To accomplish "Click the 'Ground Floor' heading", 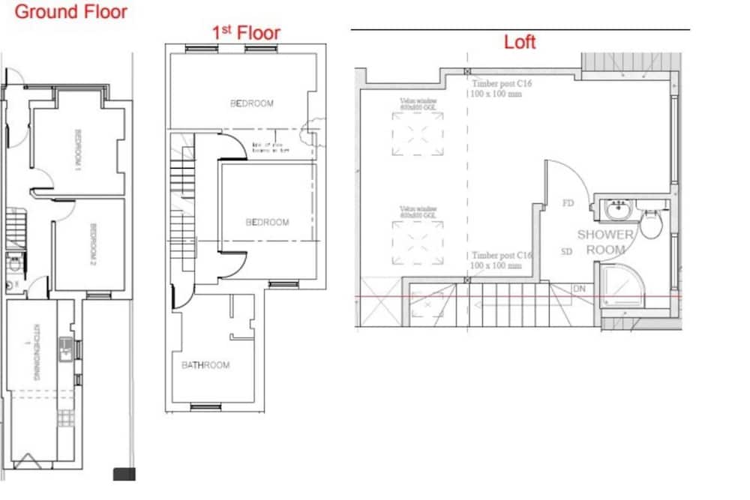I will tap(71, 11).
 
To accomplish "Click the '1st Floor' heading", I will tap(247, 32).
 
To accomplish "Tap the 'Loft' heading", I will tap(520, 42).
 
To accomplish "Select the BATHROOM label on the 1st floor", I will tap(205, 365).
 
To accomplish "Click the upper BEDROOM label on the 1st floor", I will tap(252, 103).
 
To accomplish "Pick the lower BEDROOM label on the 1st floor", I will tap(268, 223).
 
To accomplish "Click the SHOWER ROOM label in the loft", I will tap(605, 241).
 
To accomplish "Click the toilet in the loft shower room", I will tap(651, 224).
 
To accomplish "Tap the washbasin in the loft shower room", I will tap(619, 209).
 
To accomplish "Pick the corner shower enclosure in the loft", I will tap(622, 286).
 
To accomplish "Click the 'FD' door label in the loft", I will tap(568, 202).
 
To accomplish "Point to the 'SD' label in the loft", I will tap(567, 251).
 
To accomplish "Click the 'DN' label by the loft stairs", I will tap(579, 288).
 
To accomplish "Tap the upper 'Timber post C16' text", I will tap(502, 84).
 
